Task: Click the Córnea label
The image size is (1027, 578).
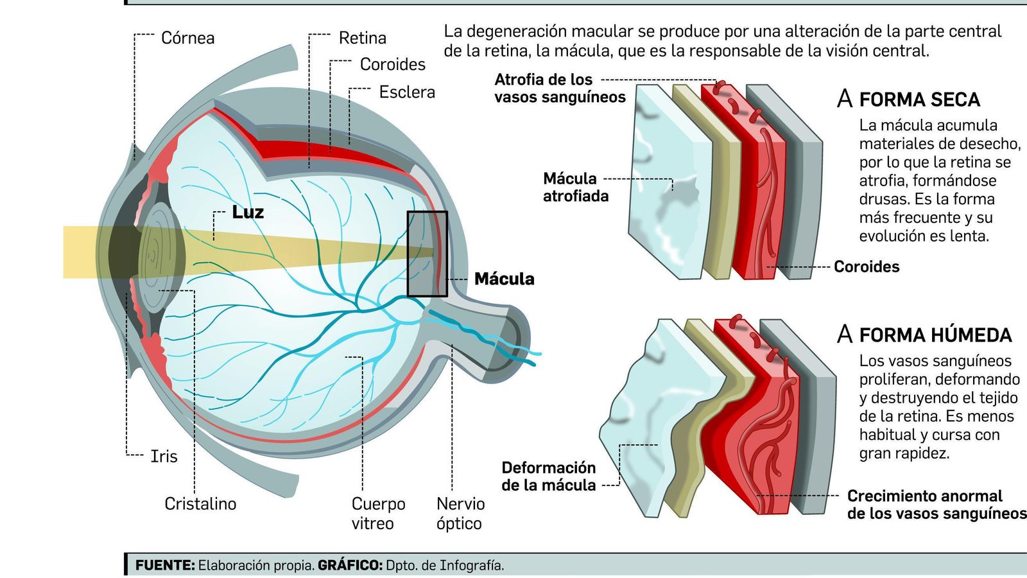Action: [187, 38]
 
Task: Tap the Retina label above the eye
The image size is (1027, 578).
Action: [362, 38]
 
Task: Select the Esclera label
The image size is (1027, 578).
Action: [406, 92]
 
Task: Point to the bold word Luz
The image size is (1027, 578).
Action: [248, 212]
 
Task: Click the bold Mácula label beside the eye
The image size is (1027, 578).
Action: [504, 279]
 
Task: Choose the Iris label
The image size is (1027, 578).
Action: [164, 456]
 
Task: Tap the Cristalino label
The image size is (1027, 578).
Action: [200, 504]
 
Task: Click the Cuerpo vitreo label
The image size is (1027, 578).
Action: [378, 513]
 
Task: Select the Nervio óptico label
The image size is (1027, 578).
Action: [460, 513]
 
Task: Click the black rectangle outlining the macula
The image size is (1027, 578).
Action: [427, 254]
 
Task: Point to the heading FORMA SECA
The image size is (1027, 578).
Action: [919, 100]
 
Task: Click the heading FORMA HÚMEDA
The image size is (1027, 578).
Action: [935, 335]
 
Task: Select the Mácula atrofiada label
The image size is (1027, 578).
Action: [575, 187]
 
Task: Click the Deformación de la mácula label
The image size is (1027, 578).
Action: [548, 476]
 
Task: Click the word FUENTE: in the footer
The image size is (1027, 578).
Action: [165, 565]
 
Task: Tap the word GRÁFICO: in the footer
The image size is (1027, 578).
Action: [350, 565]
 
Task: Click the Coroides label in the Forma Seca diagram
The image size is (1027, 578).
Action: [866, 267]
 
